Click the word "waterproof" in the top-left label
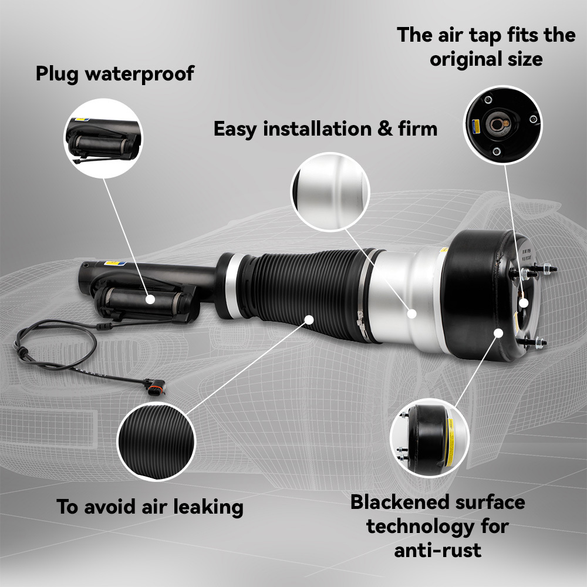click(x=140, y=74)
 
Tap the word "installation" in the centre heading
click(x=317, y=129)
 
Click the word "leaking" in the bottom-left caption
click(x=208, y=507)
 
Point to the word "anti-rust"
click(x=438, y=551)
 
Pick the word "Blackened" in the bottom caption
click(x=399, y=502)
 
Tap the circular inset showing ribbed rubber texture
click(x=157, y=442)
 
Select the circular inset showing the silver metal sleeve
click(x=330, y=192)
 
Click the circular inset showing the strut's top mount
click(x=502, y=125)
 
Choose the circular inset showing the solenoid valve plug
click(x=103, y=139)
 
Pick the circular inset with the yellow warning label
click(x=430, y=438)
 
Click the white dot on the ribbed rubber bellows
click(x=309, y=319)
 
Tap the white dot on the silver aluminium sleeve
click(x=411, y=313)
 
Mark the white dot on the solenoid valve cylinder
click(x=150, y=299)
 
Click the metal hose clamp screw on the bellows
click(x=360, y=319)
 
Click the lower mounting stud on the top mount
click(x=533, y=342)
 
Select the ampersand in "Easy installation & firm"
click(x=385, y=129)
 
